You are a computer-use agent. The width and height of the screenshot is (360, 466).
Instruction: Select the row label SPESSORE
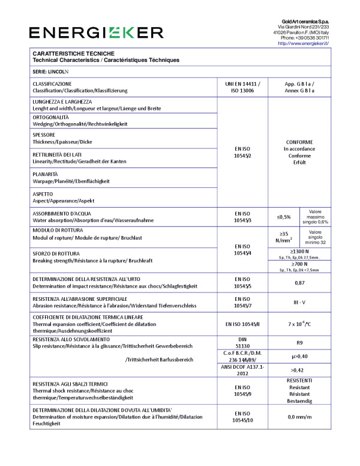click(44, 135)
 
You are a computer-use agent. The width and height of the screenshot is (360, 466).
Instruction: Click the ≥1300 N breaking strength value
click(299, 251)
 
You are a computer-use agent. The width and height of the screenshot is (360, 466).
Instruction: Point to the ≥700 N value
click(299, 264)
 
